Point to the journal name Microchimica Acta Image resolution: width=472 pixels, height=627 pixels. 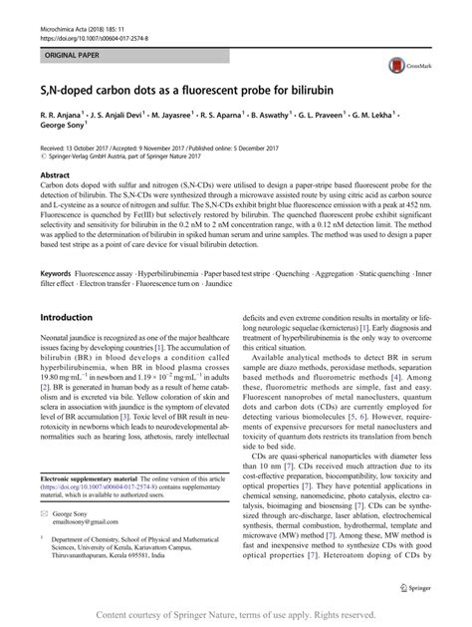click(48, 6)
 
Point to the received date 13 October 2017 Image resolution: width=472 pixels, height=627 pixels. click(93, 146)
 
